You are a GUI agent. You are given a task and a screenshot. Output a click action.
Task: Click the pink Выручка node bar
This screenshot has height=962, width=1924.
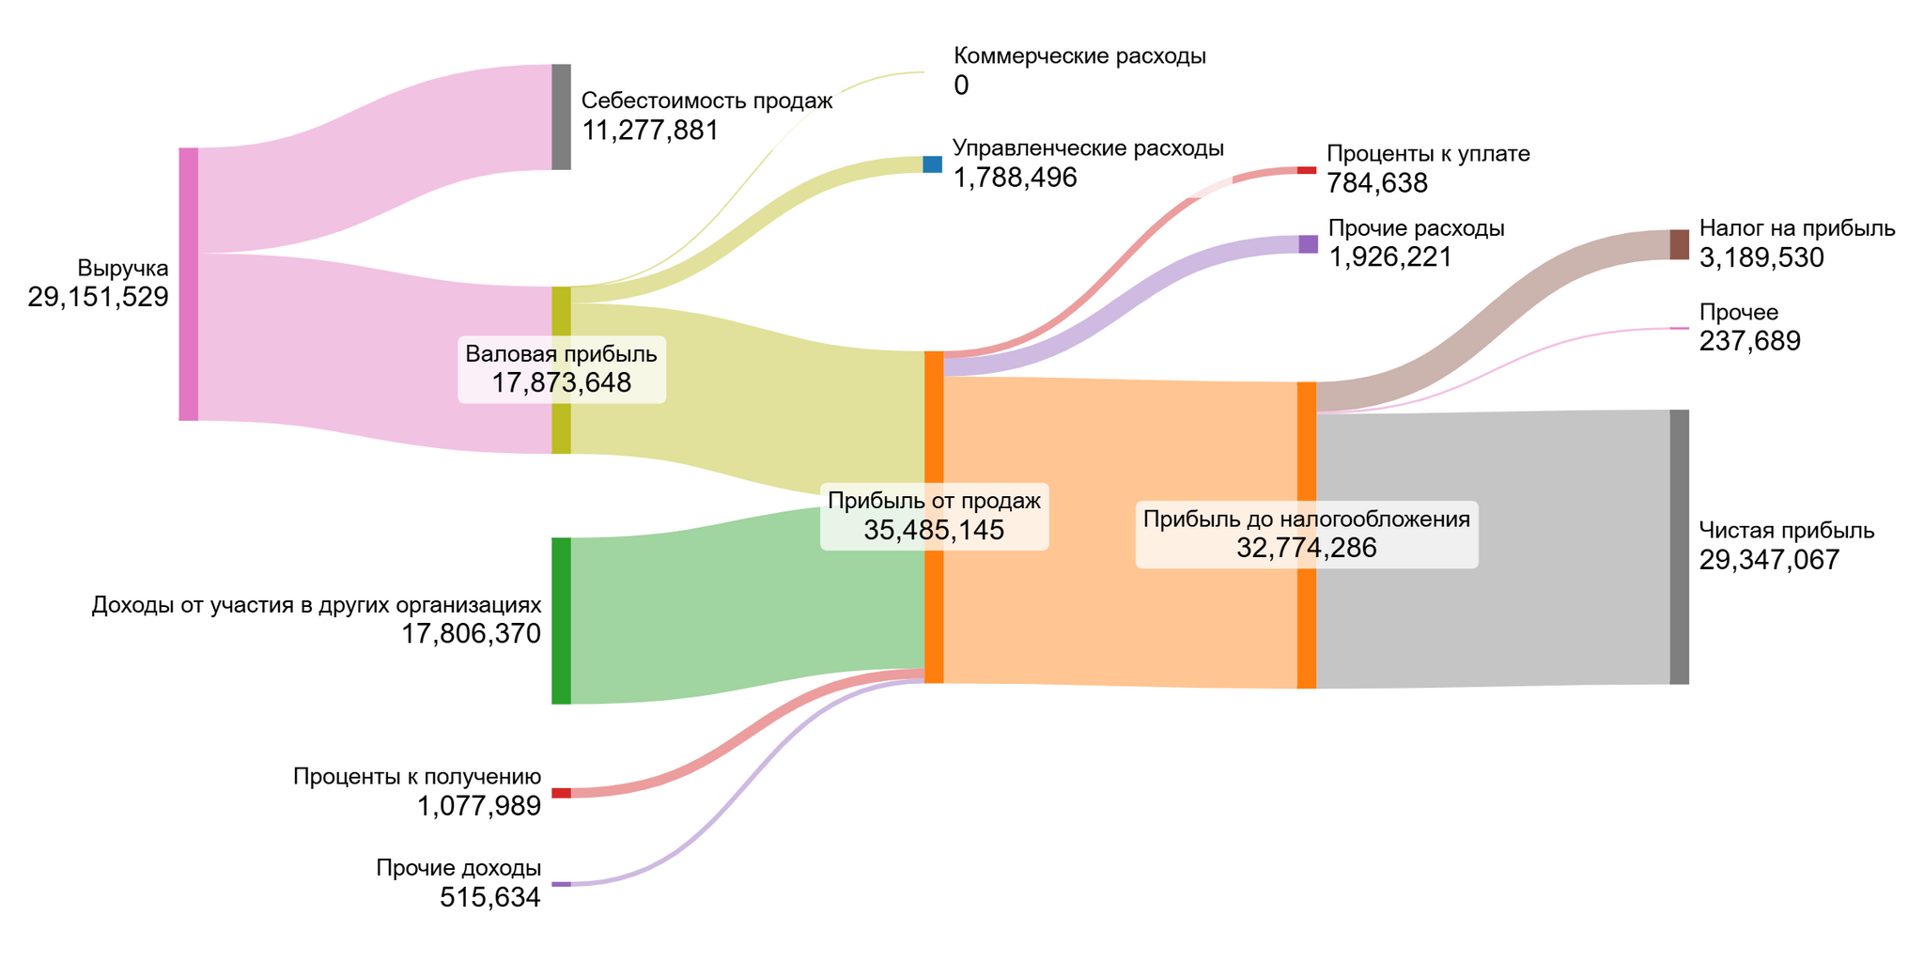[189, 284]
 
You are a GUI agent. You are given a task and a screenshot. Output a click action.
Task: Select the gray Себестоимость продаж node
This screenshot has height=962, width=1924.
[561, 117]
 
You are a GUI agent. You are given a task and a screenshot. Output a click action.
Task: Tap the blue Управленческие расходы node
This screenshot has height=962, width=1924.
[932, 164]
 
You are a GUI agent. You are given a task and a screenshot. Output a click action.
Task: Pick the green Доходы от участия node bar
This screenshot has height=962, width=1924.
[561, 621]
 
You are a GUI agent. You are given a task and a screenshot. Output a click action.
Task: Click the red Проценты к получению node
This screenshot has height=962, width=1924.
[561, 793]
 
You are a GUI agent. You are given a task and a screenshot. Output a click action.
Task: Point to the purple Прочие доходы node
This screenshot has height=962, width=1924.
[561, 884]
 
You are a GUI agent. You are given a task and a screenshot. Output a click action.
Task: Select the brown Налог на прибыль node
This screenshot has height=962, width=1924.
[1679, 244]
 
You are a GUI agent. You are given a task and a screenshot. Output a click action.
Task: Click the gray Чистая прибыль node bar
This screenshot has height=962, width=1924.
[1679, 547]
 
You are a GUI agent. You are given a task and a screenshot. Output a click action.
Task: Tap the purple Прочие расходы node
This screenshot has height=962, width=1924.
[1308, 244]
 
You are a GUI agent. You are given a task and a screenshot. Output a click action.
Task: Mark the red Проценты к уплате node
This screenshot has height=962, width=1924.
[1307, 170]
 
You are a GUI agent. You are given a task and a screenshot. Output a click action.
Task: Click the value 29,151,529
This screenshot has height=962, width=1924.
[99, 298]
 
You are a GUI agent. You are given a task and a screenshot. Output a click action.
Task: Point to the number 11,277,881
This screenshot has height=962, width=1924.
[650, 131]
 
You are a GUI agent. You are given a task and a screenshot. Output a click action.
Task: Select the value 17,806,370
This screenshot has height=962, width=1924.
[472, 634]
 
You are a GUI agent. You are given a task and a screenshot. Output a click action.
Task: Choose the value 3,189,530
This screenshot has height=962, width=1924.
[1761, 258]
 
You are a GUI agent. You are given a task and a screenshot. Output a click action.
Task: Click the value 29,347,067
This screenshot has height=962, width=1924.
[1769, 561]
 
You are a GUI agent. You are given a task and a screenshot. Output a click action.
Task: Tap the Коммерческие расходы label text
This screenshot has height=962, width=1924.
[1079, 55]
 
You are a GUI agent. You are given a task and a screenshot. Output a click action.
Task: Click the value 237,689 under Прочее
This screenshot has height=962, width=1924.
[1749, 341]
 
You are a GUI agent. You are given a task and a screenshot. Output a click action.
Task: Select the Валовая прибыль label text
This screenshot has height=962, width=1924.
[561, 354]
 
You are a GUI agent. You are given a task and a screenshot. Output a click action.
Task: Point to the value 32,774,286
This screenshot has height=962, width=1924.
[1306, 548]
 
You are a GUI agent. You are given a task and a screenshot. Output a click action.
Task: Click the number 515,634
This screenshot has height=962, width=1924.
[490, 898]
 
